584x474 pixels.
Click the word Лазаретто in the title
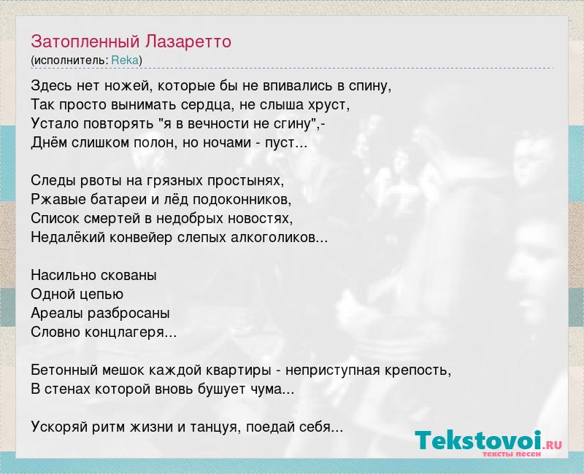pos(188,42)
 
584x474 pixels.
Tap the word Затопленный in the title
pos(85,42)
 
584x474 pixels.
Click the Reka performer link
pos(125,61)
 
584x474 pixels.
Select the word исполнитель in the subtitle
pos(69,61)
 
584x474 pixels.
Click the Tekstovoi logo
pos(488,443)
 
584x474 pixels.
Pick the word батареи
pos(119,199)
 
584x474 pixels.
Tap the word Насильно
pos(60,276)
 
